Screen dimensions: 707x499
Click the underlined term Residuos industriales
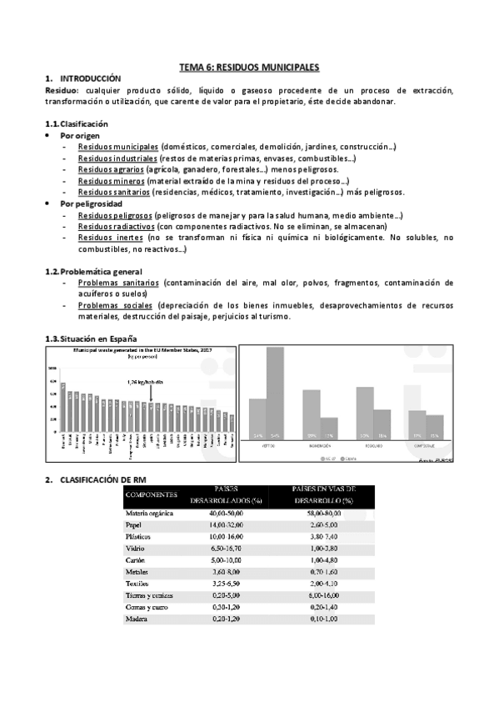[x=117, y=158]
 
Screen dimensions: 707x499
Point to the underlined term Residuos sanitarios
[x=114, y=192]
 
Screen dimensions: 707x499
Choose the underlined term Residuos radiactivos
[x=116, y=226]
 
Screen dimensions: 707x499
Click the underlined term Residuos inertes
[x=109, y=238]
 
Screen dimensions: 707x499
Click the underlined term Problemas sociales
[x=115, y=305]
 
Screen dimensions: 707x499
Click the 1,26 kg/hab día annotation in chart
[x=147, y=383]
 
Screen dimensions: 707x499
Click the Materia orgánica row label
[x=149, y=514]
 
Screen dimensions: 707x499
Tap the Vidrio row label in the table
[x=134, y=550]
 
